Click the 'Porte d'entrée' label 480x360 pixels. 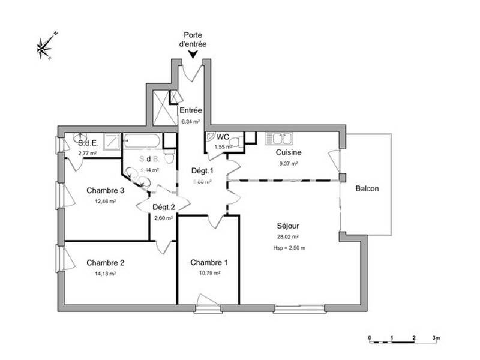tap(193, 39)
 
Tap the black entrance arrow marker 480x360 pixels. tap(193, 55)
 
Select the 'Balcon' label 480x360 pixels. tap(367, 188)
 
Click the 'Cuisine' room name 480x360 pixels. tap(289, 152)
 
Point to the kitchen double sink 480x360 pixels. tap(279, 139)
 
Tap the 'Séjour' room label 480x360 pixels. tap(288, 226)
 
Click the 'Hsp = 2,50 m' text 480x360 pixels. tap(289, 247)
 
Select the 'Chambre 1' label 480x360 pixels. tap(209, 262)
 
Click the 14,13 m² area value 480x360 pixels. tap(106, 273)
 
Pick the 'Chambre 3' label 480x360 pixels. tap(105, 191)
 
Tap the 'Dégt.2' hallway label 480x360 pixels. tap(163, 208)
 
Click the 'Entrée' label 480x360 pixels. tap(191, 110)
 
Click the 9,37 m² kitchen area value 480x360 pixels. tap(289, 163)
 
